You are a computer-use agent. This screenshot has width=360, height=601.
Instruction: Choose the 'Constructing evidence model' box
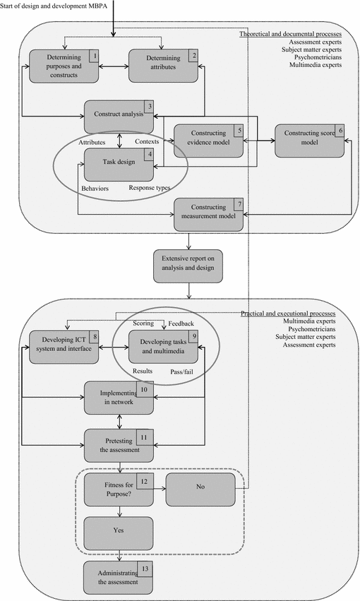pos(208,137)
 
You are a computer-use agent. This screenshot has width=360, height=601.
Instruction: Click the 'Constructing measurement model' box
pos(208,213)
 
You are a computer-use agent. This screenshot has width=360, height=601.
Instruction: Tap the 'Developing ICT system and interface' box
pos(64,347)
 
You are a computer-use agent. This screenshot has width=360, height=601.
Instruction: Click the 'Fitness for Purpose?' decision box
pos(119,489)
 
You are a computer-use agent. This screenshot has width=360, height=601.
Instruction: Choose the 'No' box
pos(199,489)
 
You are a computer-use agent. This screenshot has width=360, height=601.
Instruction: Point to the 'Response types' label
pos(150,189)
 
